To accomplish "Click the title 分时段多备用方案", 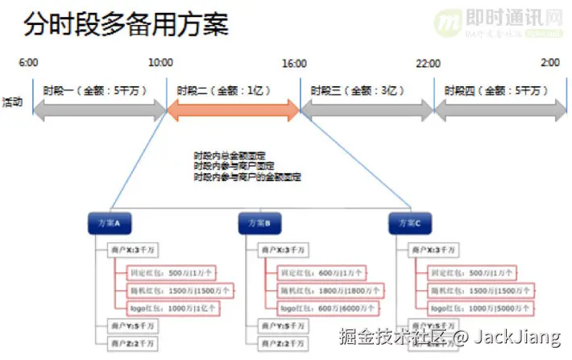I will (125, 24).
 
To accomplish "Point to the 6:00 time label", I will (28, 63).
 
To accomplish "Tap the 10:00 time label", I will (161, 63).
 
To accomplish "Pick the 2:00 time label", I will (549, 63).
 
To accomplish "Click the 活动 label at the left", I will (13, 102).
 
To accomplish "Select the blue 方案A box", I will (110, 223).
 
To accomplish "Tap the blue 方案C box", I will (410, 223).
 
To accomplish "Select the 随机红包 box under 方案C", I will (469, 290).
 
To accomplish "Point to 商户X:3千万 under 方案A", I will (132, 251).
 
